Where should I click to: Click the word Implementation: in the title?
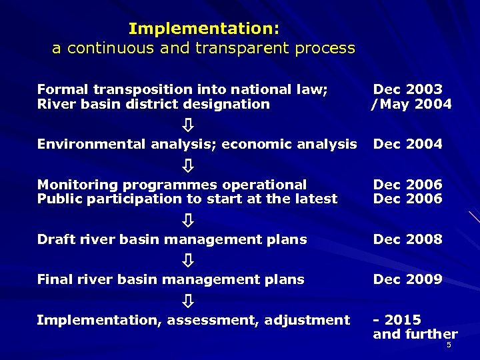click(x=203, y=29)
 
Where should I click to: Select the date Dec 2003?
click(x=407, y=89)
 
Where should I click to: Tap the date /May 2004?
click(x=411, y=104)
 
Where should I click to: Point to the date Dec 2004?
click(x=407, y=144)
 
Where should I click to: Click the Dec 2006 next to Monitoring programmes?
click(x=407, y=185)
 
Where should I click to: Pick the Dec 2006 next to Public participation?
click(x=407, y=199)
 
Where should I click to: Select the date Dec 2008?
click(x=407, y=239)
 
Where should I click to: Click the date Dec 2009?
click(x=407, y=279)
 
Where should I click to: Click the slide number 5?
click(x=449, y=345)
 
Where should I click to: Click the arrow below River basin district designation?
click(x=189, y=125)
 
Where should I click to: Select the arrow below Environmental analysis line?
click(x=189, y=165)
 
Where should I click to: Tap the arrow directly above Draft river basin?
click(x=189, y=219)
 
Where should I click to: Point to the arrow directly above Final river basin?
click(x=189, y=260)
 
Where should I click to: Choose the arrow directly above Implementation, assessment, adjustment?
click(x=189, y=301)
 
